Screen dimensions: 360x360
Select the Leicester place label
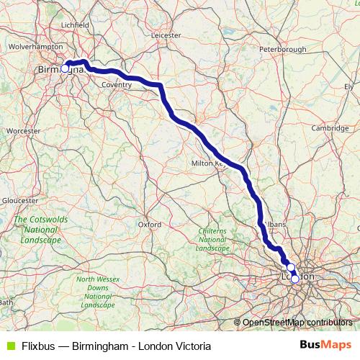click(x=166, y=34)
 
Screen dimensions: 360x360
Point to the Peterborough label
click(x=284, y=49)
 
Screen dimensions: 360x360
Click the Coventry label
click(x=117, y=84)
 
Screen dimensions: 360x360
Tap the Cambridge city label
click(x=330, y=127)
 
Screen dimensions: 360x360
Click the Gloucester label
click(x=19, y=199)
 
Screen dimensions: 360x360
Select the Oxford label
click(x=149, y=224)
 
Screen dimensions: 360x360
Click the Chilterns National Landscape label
click(x=212, y=238)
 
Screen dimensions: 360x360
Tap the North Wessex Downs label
click(x=98, y=292)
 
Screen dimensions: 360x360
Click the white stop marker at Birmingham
click(x=66, y=68)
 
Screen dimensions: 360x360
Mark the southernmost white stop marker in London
click(x=294, y=279)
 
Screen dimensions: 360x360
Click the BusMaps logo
click(x=325, y=346)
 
